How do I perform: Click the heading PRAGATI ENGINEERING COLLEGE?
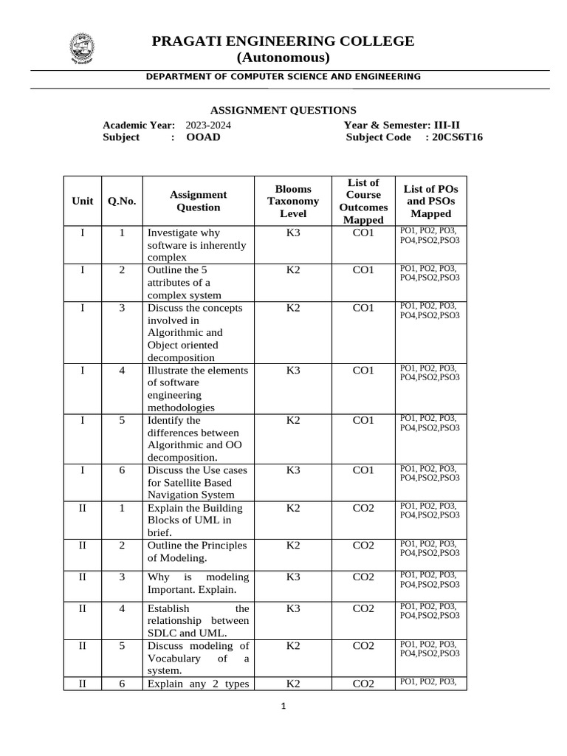(283, 41)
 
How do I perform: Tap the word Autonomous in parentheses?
(283, 58)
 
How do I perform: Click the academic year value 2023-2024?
(207, 126)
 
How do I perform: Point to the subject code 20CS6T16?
(457, 137)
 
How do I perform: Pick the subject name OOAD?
(203, 137)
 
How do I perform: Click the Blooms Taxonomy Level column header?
(293, 201)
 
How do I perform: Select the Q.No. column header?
(122, 201)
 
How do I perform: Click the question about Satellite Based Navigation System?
(197, 482)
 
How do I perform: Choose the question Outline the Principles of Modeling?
(197, 551)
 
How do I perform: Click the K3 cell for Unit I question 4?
(293, 370)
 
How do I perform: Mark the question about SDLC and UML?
(197, 621)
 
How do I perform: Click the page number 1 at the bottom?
(283, 706)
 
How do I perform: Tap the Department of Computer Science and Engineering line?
(283, 76)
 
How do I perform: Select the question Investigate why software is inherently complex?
(197, 245)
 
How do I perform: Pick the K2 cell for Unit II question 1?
(293, 508)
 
